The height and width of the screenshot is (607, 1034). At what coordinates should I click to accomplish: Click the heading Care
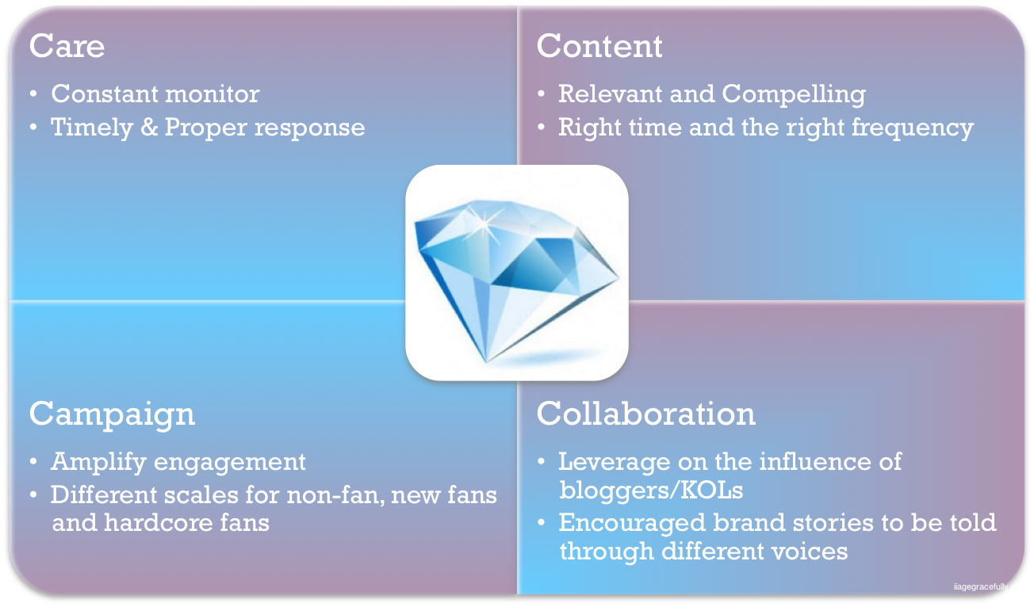tap(67, 46)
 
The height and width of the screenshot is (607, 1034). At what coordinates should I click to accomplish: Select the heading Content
tap(599, 46)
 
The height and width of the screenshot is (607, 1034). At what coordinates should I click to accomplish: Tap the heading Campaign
tap(112, 414)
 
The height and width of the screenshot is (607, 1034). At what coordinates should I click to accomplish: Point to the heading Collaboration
tap(645, 414)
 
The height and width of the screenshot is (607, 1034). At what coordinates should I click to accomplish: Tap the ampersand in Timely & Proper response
tap(149, 128)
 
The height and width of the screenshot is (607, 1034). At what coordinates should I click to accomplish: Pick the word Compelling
tap(794, 94)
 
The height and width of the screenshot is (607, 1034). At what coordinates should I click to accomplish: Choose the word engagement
tap(229, 463)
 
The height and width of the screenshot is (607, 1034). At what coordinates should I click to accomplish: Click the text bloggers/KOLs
tap(651, 491)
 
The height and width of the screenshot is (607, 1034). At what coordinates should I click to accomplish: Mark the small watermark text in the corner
tap(992, 587)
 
